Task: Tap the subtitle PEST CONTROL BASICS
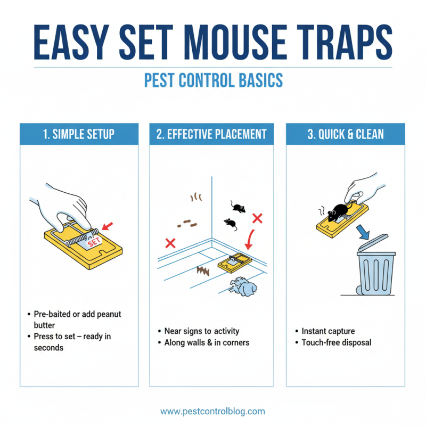(x=213, y=80)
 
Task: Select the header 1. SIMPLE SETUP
(x=79, y=134)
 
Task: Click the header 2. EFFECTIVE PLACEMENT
(x=211, y=134)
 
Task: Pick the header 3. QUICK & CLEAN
(x=346, y=134)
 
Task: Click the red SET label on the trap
(x=94, y=241)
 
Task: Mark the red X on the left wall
(x=171, y=243)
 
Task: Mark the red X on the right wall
(x=258, y=218)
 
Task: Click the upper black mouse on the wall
(x=238, y=207)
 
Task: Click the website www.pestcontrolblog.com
(x=213, y=411)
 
